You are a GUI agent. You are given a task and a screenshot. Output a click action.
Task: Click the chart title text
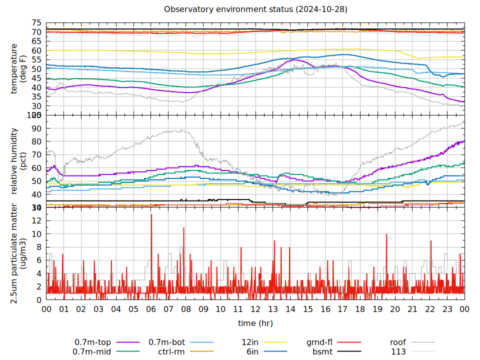(255, 9)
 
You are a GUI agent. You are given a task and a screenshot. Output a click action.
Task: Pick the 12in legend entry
(250, 342)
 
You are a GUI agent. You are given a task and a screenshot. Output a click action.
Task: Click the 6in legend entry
(252, 351)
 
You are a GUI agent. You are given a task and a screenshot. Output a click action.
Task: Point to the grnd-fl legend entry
(319, 342)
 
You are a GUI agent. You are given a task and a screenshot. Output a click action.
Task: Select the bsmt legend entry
(322, 351)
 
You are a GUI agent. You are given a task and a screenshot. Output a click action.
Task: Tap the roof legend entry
(398, 342)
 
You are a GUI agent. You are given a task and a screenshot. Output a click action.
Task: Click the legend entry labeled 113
(398, 351)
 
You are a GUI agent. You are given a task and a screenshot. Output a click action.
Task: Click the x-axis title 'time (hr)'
(255, 323)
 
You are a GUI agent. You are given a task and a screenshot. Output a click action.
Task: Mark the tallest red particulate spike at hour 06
(151, 215)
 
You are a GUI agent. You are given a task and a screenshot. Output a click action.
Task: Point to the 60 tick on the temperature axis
(36, 50)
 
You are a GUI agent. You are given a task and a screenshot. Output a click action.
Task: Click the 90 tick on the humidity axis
(36, 128)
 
